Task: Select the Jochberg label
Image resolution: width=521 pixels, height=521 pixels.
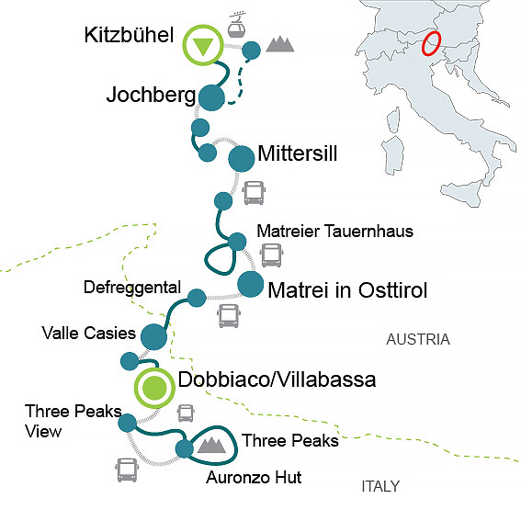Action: coord(151,95)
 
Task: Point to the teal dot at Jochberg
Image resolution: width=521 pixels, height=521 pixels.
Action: coord(212,96)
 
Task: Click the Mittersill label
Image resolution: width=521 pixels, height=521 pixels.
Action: coord(298,153)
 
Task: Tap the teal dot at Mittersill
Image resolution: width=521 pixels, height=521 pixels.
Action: coord(241,158)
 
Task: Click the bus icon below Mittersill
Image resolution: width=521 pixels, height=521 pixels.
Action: coord(254,193)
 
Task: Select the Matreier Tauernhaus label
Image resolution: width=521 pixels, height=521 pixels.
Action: coord(334,231)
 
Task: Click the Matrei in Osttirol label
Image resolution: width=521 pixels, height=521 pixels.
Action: coord(347,291)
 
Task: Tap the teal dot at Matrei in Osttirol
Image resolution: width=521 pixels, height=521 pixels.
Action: coord(249,284)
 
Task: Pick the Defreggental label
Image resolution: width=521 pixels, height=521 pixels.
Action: coord(132,287)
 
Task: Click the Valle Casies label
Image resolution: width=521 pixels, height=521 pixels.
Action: coord(88,332)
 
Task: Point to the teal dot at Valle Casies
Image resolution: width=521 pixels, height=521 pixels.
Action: coord(153,337)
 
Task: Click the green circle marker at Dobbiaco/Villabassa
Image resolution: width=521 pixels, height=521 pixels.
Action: coord(153,388)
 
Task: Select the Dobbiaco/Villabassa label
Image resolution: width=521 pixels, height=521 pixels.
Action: coord(277,379)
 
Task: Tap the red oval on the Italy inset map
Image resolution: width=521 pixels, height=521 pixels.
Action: coord(430,43)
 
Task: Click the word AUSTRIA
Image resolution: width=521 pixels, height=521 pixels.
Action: coord(418,339)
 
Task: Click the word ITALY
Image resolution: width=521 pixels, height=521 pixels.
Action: coord(380,486)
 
